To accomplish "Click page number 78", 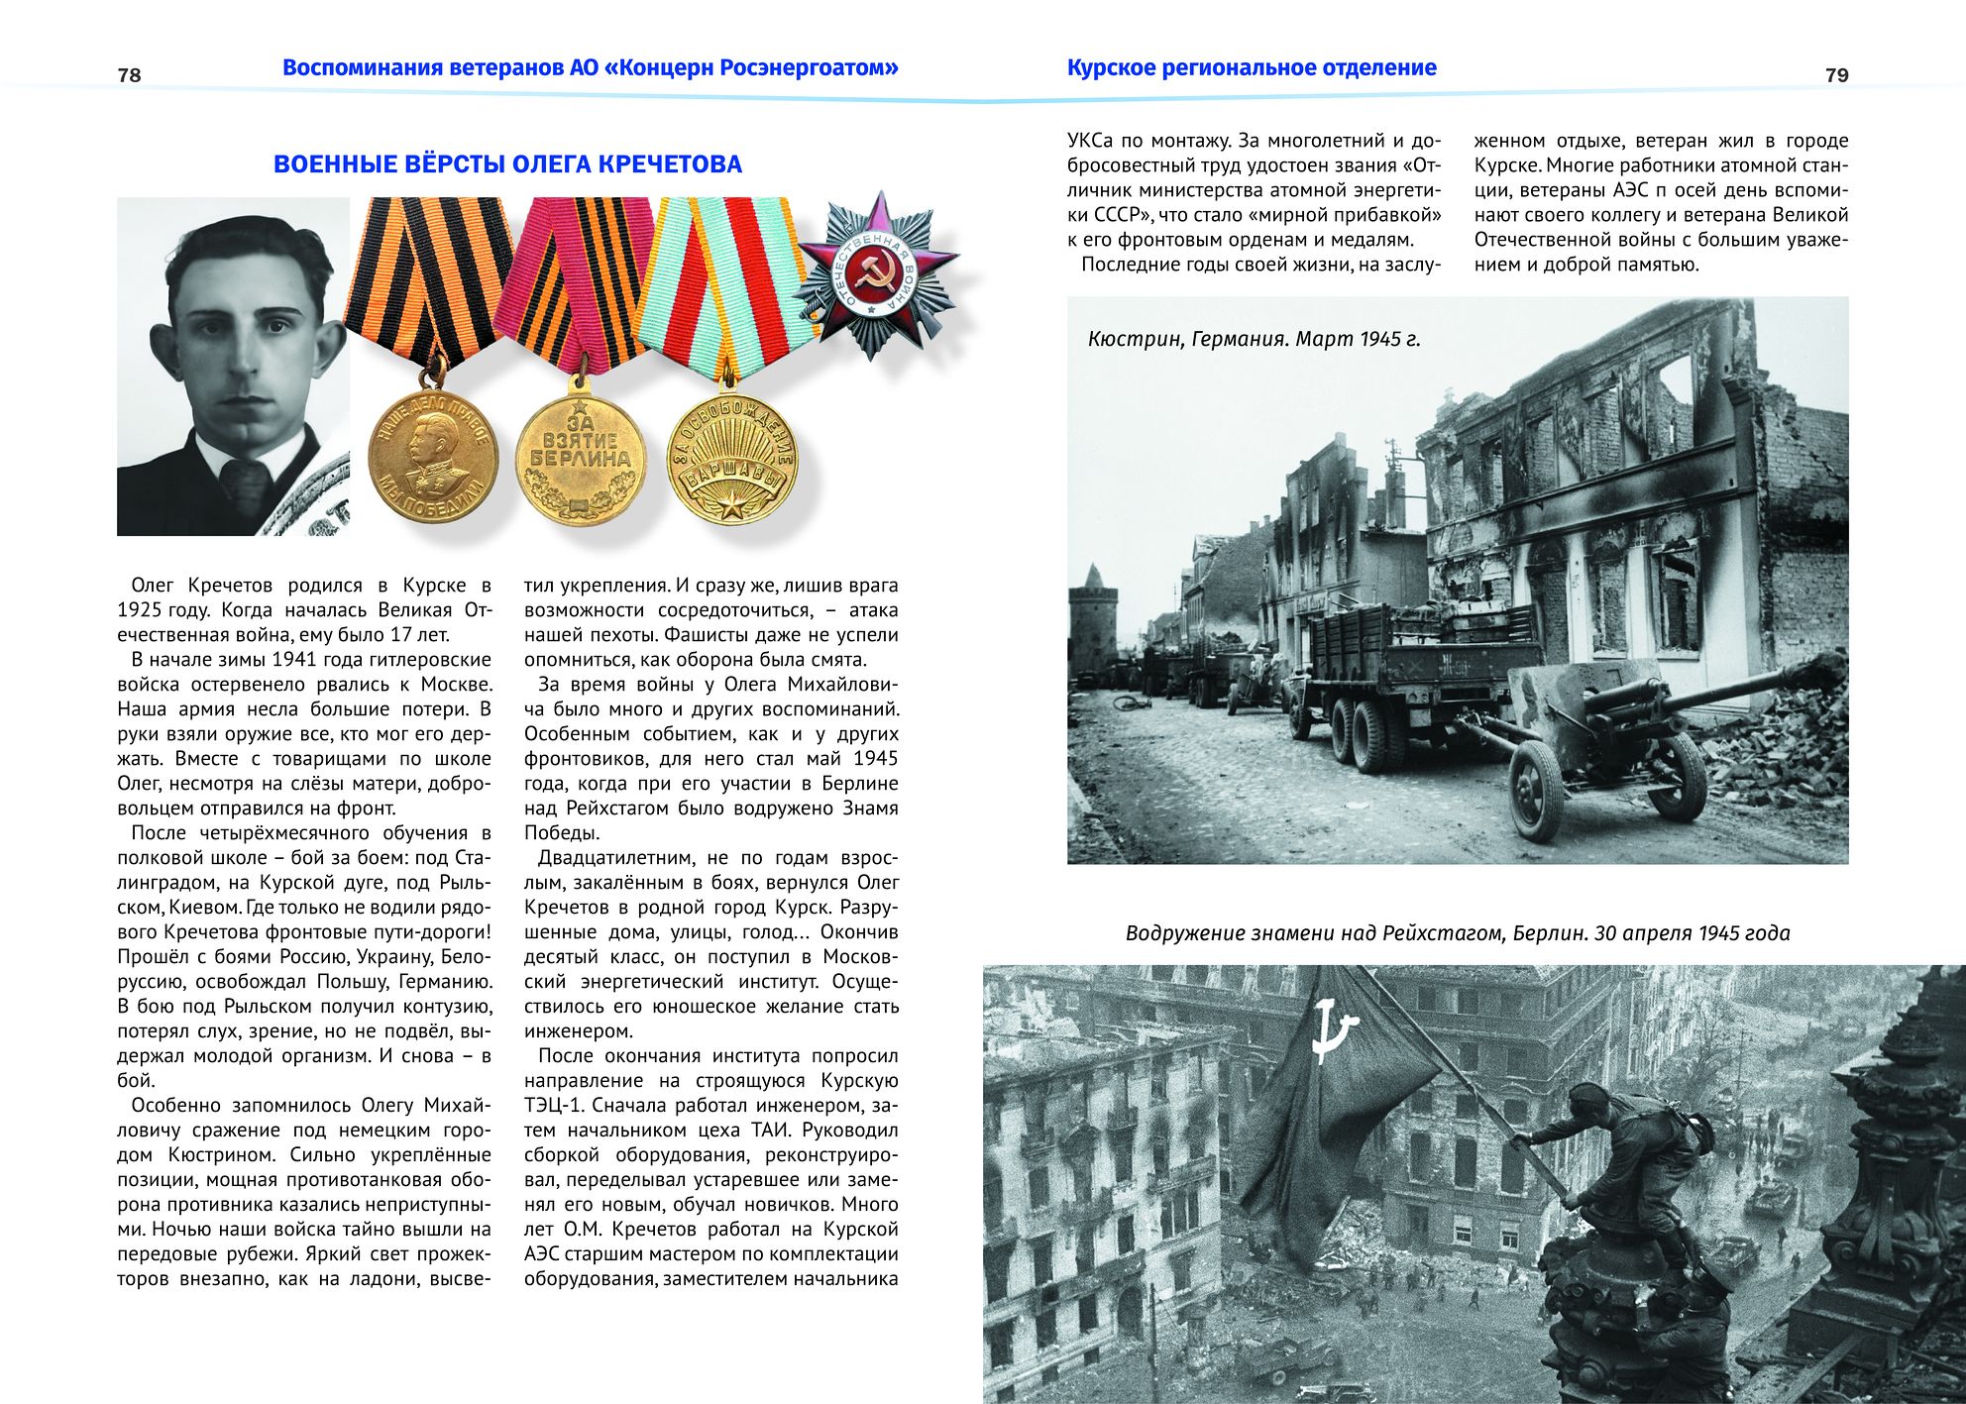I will (129, 75).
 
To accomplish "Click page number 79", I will (1836, 75).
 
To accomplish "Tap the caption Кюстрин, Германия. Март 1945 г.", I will (1254, 339).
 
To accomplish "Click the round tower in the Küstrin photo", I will (1093, 624).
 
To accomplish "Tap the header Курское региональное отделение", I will (1252, 68).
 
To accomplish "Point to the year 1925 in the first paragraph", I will (141, 610).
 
